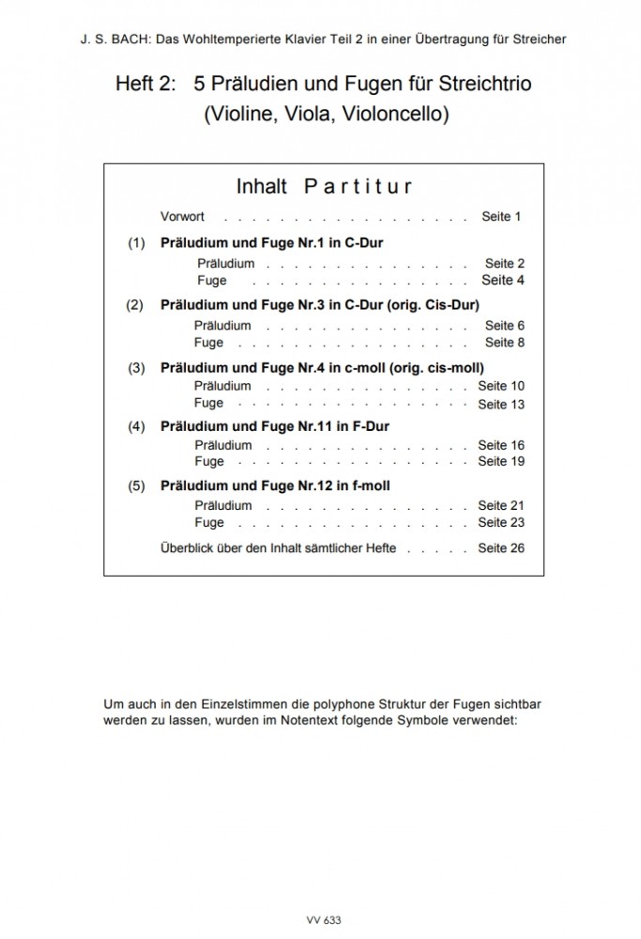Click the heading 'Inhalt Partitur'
point(324,186)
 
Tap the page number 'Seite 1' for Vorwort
point(501,217)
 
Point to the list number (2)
point(134,305)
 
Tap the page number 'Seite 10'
point(501,386)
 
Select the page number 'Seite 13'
point(501,405)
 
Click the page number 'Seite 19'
point(501,462)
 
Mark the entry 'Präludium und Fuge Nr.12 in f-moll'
point(275,486)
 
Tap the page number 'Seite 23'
point(501,523)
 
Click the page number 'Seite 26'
point(501,547)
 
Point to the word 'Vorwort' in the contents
point(182,217)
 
